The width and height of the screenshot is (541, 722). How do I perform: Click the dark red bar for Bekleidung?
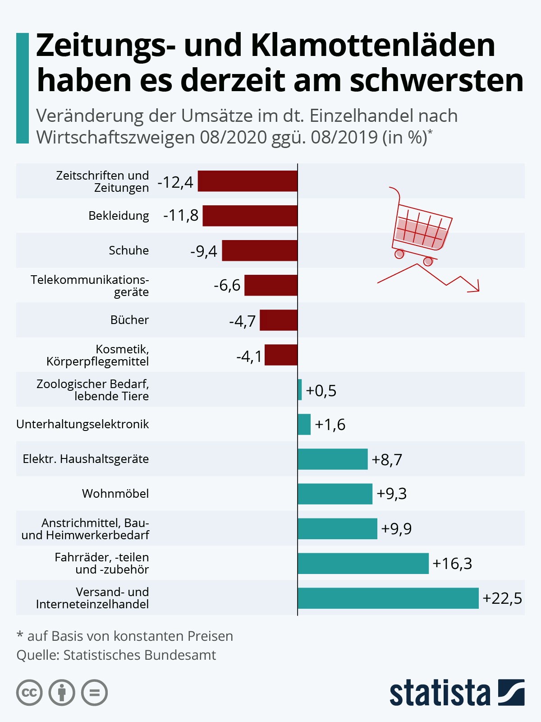[250, 215]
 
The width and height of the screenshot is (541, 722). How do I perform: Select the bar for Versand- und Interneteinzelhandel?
[388, 598]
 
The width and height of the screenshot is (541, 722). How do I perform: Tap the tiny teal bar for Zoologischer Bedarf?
[299, 389]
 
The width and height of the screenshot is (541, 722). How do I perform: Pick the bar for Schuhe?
[260, 250]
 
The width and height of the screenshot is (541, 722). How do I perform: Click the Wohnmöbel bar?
[335, 494]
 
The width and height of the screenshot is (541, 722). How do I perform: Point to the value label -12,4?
[175, 182]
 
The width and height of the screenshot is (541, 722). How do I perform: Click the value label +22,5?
[502, 598]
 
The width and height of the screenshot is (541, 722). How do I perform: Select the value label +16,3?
[452, 564]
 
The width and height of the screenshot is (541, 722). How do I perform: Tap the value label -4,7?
[242, 321]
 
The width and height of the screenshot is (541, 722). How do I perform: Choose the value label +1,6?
[330, 424]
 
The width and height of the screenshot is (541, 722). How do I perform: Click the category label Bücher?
[129, 320]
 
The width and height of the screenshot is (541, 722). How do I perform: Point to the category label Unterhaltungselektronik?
[83, 424]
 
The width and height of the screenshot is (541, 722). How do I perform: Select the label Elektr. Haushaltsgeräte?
[86, 458]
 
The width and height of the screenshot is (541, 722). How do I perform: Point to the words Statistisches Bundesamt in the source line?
[140, 655]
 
